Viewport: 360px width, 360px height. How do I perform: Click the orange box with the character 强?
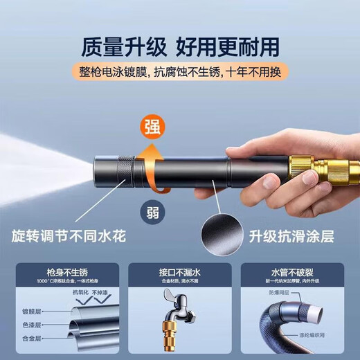tap(154, 126)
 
